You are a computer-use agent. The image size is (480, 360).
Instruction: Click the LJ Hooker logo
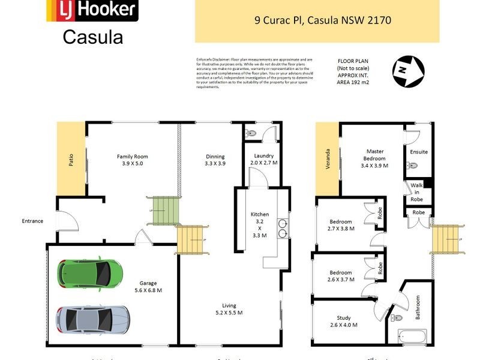[x=92, y=10]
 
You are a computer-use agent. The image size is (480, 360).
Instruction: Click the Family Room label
[x=132, y=160]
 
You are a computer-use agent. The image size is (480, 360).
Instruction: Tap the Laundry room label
[x=264, y=159]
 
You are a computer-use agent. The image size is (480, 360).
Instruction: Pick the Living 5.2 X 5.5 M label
[x=229, y=308]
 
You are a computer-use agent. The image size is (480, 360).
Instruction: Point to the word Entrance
[x=32, y=221]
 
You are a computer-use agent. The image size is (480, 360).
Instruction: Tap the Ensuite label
[x=419, y=152]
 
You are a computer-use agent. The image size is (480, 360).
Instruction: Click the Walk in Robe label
[x=417, y=192]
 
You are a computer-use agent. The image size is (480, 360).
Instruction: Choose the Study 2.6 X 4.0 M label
[x=343, y=322]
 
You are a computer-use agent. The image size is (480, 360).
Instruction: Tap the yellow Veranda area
[x=328, y=160]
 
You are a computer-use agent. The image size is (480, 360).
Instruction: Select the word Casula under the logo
[x=93, y=37]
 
